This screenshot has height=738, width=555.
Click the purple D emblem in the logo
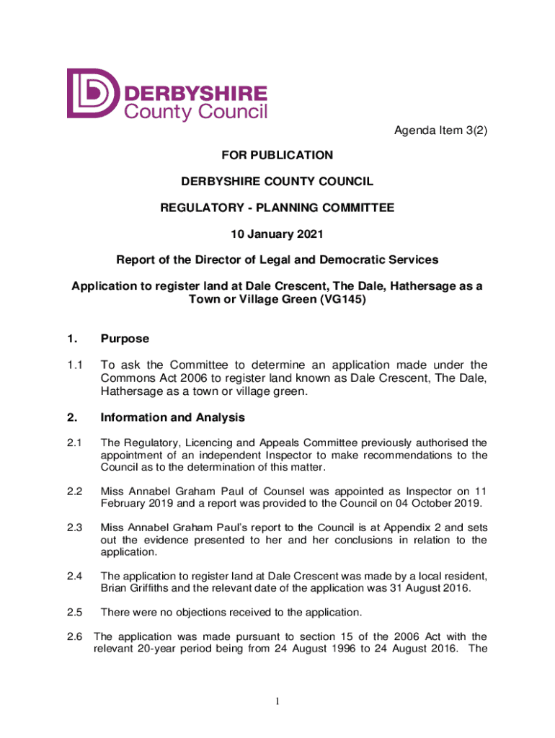point(93,94)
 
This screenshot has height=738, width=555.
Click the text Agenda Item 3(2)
point(435,130)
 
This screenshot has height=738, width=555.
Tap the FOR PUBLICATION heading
point(277,155)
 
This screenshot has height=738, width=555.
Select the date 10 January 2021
point(277,234)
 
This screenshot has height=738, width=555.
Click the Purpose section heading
point(125,338)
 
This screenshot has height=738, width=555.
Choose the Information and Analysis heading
point(173,417)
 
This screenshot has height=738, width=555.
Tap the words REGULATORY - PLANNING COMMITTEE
point(277,208)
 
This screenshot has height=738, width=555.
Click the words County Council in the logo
point(196,111)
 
